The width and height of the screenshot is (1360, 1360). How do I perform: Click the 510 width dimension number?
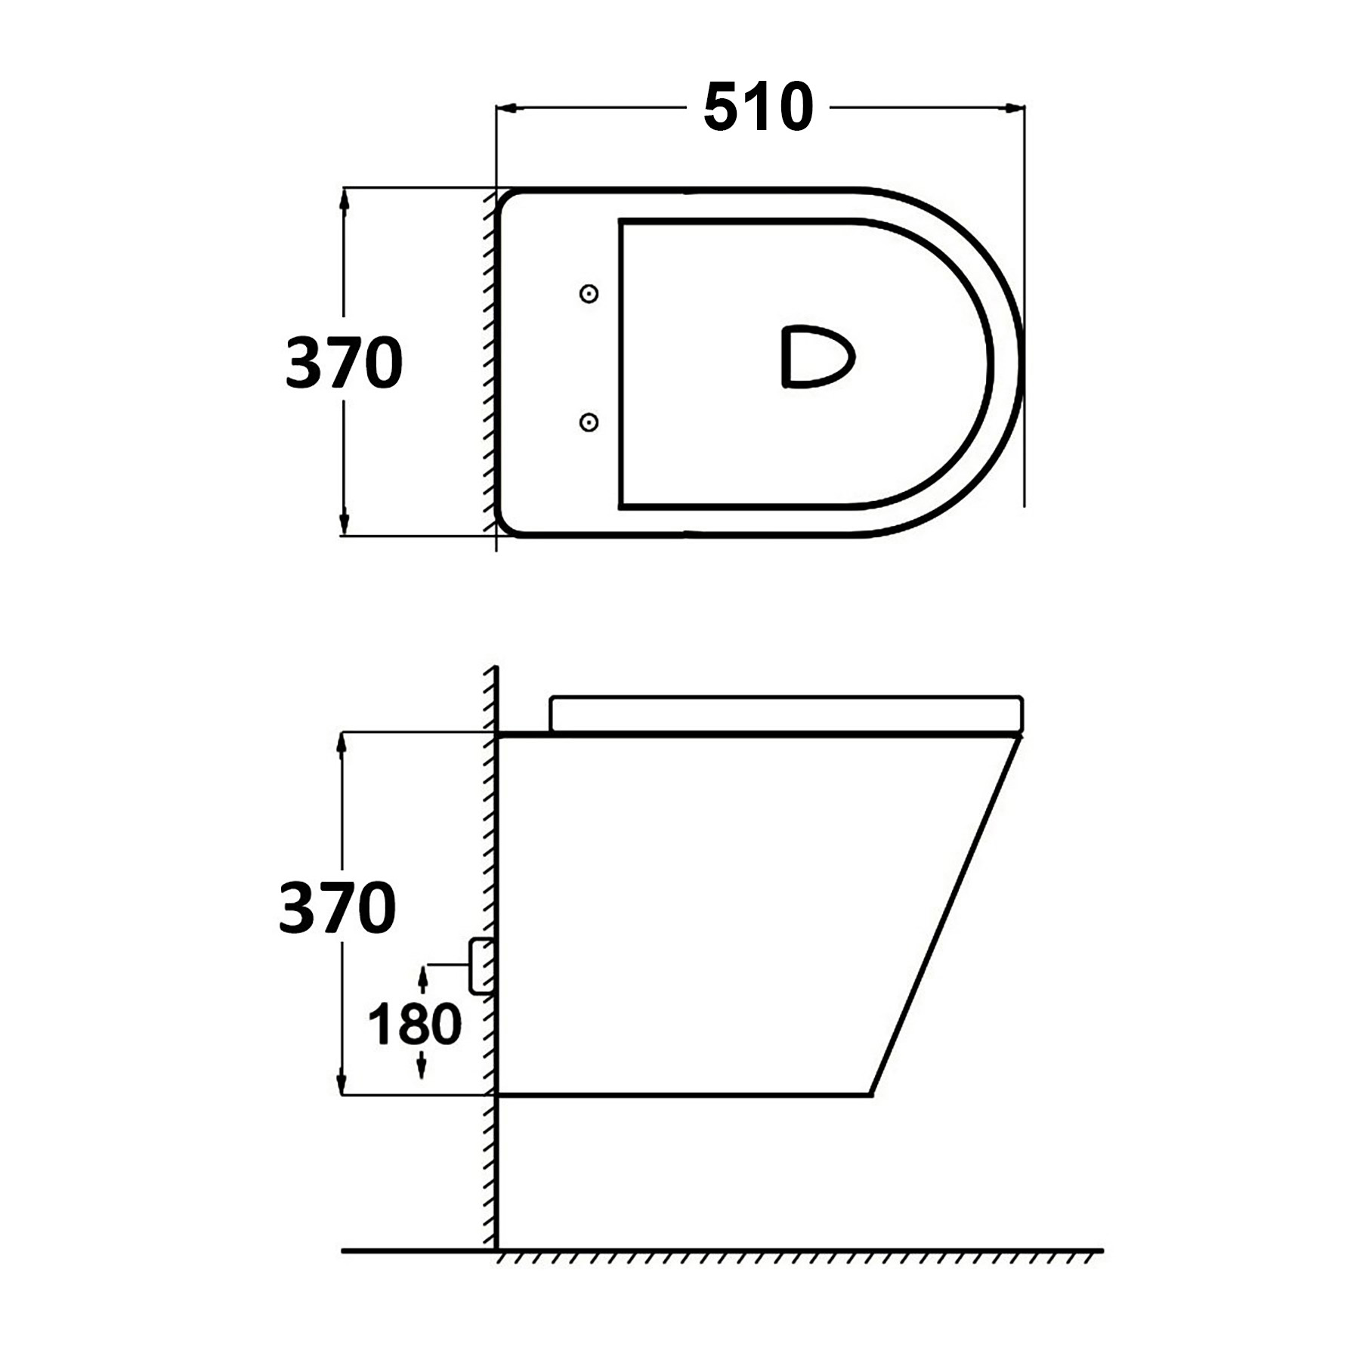point(758,108)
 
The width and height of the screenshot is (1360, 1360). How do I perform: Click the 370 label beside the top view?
point(344,363)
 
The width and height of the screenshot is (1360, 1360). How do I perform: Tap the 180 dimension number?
point(414,1025)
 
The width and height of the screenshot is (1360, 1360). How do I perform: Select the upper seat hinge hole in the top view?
point(589,294)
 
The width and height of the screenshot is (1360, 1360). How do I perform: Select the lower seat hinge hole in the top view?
point(589,422)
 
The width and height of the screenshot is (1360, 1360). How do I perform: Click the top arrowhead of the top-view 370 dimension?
point(344,199)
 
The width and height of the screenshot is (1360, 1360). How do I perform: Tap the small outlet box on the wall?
point(481,966)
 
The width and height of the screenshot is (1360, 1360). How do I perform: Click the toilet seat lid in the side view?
point(786,713)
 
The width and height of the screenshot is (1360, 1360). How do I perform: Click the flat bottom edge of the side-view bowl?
point(680,1093)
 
